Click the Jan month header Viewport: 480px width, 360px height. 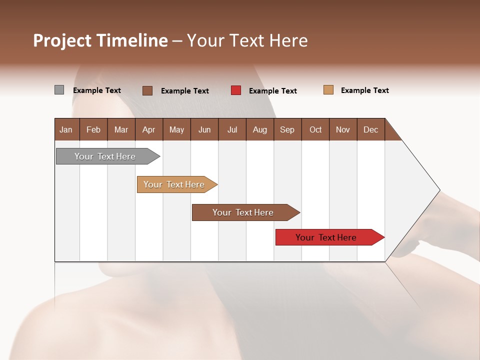[66, 129]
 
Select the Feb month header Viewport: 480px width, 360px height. [93, 129]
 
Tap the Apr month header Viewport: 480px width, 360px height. [148, 129]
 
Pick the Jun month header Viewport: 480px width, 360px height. [204, 129]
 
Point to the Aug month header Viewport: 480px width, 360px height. [259, 129]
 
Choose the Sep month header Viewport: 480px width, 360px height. [287, 129]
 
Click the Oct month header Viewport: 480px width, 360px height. [315, 129]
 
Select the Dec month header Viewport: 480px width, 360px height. [370, 129]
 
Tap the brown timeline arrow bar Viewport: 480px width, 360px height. [243, 212]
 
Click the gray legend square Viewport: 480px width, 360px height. [59, 90]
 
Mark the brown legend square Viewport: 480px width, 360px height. [147, 90]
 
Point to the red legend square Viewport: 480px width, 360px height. [236, 90]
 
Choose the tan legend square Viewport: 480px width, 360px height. [328, 90]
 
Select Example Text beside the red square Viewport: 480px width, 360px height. [272, 91]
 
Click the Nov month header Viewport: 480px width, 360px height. [342, 129]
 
